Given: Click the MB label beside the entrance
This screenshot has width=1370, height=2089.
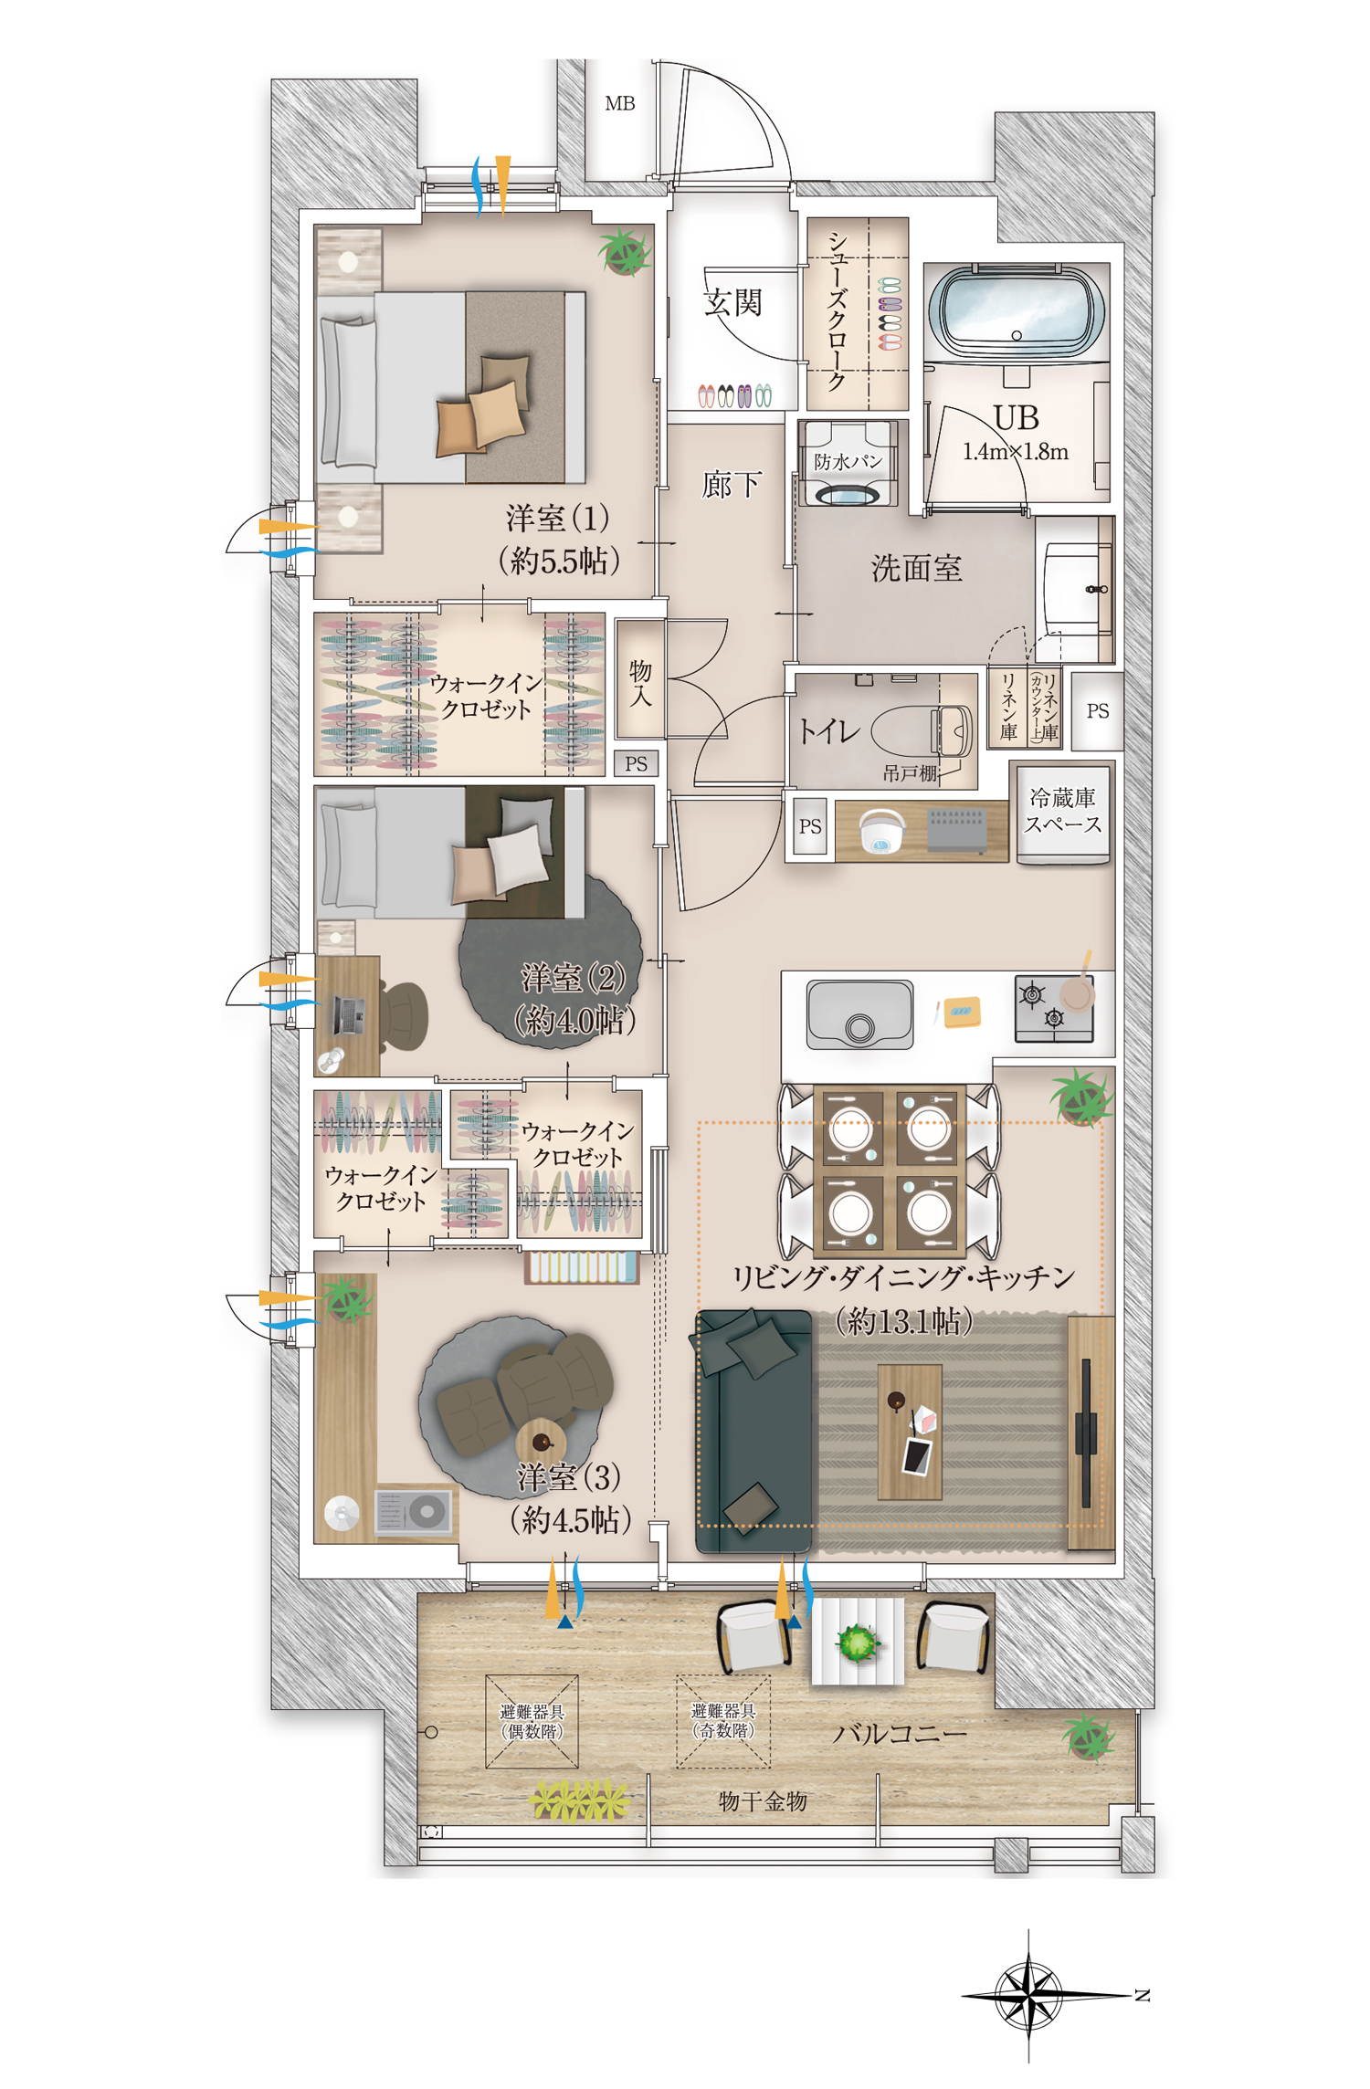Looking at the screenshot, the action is point(619,104).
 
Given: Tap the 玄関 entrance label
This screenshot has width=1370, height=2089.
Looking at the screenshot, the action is point(732,302).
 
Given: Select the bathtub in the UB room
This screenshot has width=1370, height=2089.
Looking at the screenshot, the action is point(1016,310).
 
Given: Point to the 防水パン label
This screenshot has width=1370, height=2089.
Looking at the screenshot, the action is point(848,461).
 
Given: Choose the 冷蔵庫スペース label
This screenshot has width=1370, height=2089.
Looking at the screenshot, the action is point(1062,811).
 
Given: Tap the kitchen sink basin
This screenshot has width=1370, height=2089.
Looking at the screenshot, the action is point(859,1013).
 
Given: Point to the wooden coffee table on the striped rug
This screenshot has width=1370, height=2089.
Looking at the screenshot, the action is point(909,1433).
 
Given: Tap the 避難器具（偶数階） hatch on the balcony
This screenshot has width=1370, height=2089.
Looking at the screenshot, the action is point(532,1721).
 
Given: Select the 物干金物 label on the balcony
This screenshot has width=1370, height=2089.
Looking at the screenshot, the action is point(763,1801).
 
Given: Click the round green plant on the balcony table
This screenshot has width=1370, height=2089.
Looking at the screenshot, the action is point(857,1643).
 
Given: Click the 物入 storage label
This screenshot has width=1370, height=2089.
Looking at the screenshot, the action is point(640,683).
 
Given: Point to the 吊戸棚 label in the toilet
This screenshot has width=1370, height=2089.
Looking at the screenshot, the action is point(910,773).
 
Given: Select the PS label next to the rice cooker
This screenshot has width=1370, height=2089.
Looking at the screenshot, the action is point(810,826).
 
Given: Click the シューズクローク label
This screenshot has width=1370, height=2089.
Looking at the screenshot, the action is point(836,311).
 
